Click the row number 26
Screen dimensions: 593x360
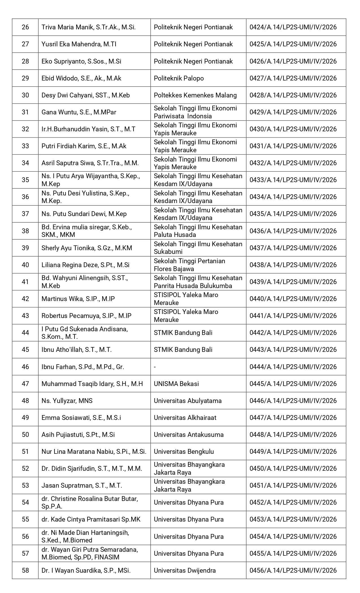[x=25, y=27]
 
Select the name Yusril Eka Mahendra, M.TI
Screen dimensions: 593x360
[x=79, y=44]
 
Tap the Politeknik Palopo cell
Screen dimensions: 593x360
[x=179, y=78]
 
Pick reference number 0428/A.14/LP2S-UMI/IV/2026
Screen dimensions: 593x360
[x=293, y=95]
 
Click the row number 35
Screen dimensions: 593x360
[x=25, y=180]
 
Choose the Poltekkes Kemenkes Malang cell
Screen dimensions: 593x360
[x=195, y=95]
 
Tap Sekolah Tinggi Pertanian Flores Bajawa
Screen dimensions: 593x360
[x=189, y=265]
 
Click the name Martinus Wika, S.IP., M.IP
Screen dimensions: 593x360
[x=78, y=299]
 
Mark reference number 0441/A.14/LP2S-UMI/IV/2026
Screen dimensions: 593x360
[x=293, y=316]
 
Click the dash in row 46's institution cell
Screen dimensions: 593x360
[x=155, y=367]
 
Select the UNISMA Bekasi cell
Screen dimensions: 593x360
[x=176, y=384]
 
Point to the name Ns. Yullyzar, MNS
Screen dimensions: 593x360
[x=67, y=401]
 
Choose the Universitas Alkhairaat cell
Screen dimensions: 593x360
[x=185, y=418]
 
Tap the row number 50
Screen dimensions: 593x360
[x=25, y=435]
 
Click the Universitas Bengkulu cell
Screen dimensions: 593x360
[x=184, y=452]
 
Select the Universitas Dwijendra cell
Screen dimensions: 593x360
[x=185, y=570]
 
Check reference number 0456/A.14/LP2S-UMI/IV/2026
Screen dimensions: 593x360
[x=293, y=570]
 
